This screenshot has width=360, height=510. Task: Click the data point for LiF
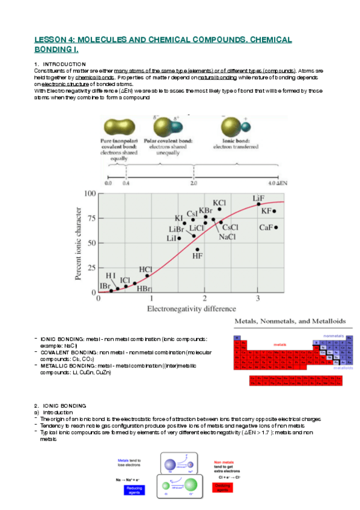click(x=258, y=204)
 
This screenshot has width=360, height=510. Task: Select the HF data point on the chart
click(x=198, y=249)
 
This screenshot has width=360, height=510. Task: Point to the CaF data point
click(x=276, y=227)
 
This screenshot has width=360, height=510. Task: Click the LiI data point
click(x=179, y=238)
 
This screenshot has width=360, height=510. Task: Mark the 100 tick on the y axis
click(x=89, y=194)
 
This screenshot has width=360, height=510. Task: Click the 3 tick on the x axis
click(x=258, y=299)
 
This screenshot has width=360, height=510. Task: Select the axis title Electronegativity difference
click(x=189, y=309)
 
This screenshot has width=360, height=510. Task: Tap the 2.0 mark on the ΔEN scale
click(x=194, y=182)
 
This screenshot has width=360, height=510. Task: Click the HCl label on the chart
click(x=145, y=269)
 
